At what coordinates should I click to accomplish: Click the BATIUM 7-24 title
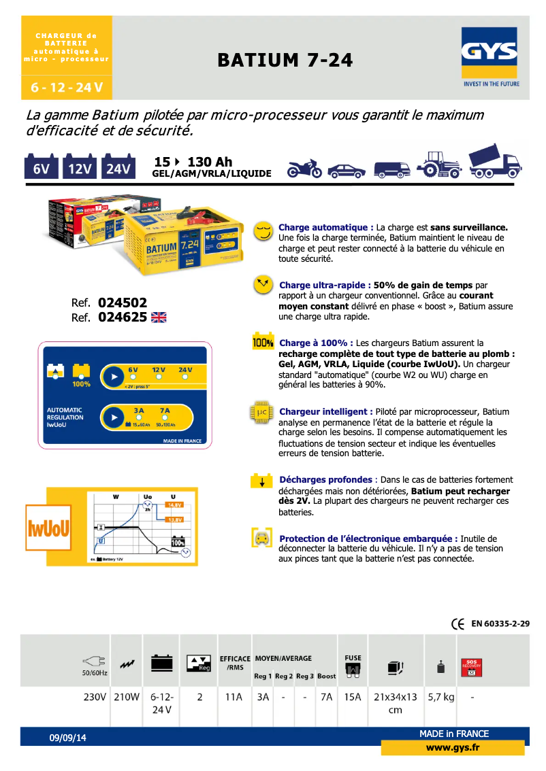click(285, 61)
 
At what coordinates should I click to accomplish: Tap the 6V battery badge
click(42, 168)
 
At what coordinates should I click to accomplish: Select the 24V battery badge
click(118, 168)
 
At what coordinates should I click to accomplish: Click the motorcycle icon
click(304, 168)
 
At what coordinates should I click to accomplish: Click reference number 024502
click(123, 303)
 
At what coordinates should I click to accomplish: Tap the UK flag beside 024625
click(159, 317)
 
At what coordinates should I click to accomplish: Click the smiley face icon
click(262, 231)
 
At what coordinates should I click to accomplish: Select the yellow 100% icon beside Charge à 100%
click(263, 343)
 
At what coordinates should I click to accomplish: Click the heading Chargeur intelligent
click(325, 412)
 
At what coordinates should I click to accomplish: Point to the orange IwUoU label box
click(48, 528)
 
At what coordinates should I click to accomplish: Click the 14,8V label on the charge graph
click(175, 505)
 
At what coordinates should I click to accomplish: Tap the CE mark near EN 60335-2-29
click(457, 623)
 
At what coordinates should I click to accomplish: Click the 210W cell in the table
click(126, 697)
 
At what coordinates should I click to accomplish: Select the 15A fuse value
click(353, 697)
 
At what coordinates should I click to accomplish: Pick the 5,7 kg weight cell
click(440, 697)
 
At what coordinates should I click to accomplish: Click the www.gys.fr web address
click(453, 748)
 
